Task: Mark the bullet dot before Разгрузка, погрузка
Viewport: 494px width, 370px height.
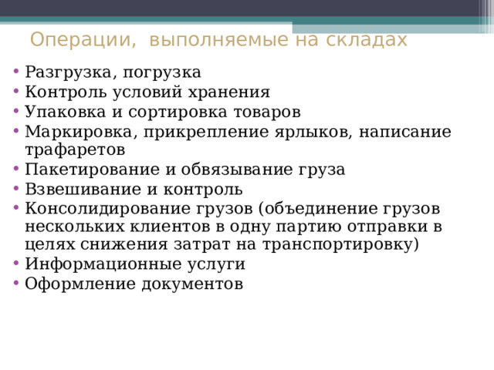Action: point(17,72)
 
